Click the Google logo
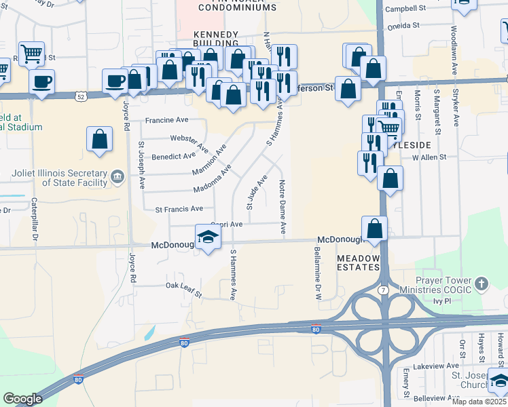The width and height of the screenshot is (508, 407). [x=22, y=398]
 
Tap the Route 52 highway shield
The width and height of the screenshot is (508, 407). [x=81, y=96]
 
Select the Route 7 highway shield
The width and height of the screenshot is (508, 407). [x=384, y=290]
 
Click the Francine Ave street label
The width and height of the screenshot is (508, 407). [x=166, y=120]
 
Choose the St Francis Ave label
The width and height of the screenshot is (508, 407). [x=179, y=209]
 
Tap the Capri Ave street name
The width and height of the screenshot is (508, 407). [x=226, y=224]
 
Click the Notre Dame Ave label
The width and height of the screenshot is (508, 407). [x=282, y=208]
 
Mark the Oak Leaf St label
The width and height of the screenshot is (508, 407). [x=184, y=290]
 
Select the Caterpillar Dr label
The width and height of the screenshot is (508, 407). [x=33, y=222]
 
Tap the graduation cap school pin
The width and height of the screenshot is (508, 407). [x=208, y=237]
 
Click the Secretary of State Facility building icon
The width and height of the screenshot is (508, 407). [x=117, y=178]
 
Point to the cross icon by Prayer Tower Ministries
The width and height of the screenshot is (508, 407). [x=481, y=283]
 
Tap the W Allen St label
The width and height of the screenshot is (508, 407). [x=429, y=157]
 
